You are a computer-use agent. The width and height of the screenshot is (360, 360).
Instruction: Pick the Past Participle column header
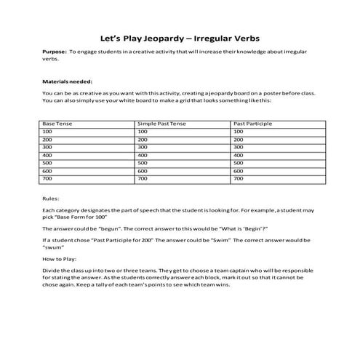(253, 124)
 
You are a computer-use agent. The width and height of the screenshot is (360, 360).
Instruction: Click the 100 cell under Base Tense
(49, 132)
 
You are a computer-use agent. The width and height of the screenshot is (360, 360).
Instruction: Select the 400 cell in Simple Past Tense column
(143, 155)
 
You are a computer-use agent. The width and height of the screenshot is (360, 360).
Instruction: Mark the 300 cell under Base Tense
(49, 147)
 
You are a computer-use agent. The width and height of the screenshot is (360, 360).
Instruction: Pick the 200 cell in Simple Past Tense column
(143, 140)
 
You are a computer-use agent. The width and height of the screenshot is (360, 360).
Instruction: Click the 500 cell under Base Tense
(49, 162)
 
